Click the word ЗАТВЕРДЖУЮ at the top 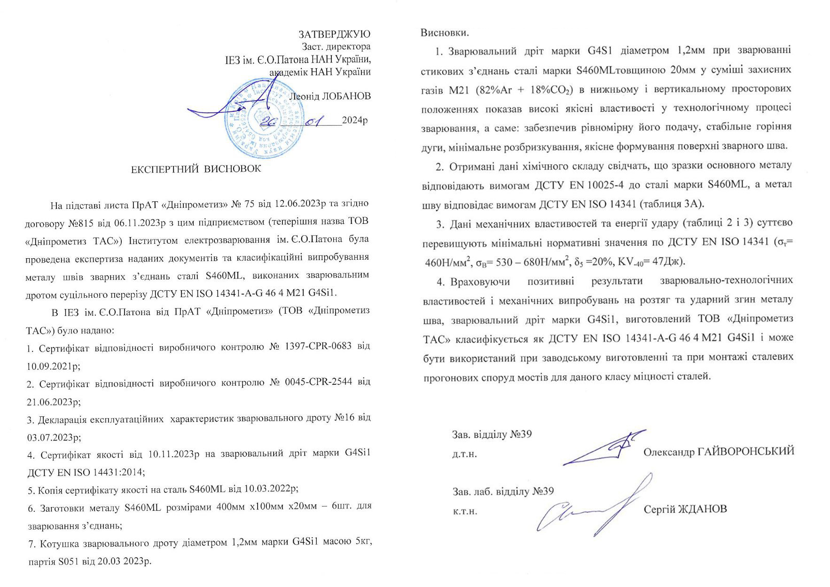[x=335, y=34]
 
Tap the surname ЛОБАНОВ [x=345, y=96]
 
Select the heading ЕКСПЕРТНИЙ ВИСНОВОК [x=196, y=169]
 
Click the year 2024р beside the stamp [x=355, y=120]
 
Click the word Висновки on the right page [x=444, y=33]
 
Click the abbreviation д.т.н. [x=464, y=455]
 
